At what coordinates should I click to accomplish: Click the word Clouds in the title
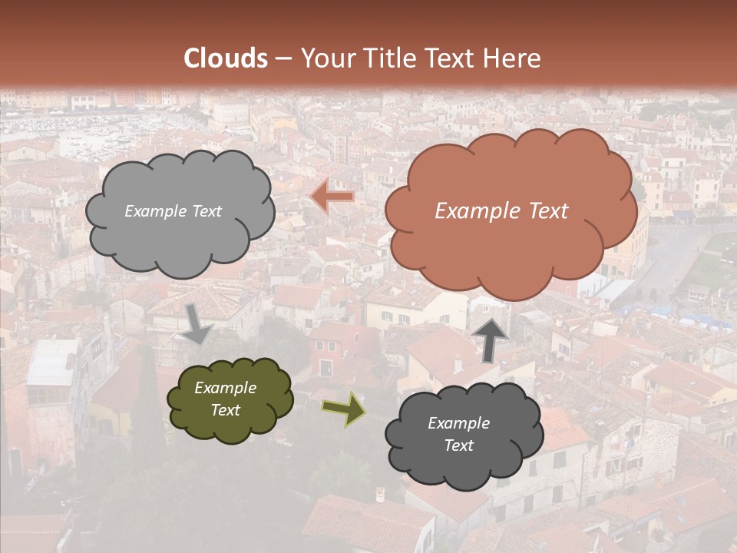coord(226,58)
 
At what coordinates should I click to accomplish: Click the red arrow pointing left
coord(333,197)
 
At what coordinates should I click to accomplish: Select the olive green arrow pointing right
coord(343,409)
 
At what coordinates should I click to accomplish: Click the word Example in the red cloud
coord(474,211)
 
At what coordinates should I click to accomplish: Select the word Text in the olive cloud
coord(225,410)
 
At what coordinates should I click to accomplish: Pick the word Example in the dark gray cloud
coord(458,423)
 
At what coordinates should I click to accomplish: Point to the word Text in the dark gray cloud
coord(458,445)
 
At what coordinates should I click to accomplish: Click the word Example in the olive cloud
coord(225,388)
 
